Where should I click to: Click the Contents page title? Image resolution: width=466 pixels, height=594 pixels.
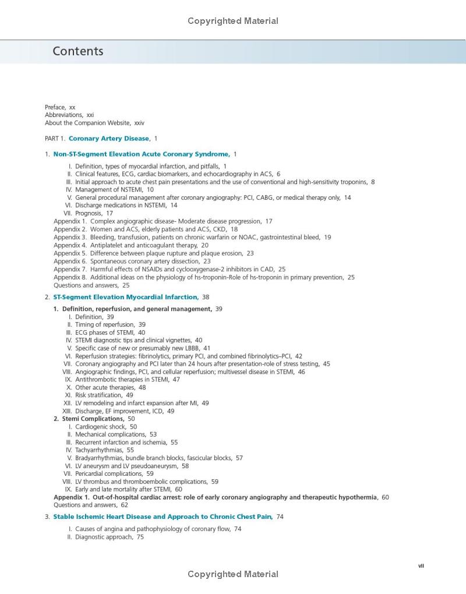(77, 51)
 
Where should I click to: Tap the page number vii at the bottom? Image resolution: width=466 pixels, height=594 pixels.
(421, 565)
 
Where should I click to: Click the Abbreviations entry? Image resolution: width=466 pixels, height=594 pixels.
(65, 115)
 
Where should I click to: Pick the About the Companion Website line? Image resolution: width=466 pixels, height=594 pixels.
(82, 123)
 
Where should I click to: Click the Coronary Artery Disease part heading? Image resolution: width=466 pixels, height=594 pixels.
(109, 139)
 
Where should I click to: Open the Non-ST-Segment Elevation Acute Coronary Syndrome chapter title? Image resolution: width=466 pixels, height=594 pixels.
(141, 154)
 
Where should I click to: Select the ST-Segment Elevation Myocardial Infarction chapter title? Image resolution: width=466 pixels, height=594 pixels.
(126, 297)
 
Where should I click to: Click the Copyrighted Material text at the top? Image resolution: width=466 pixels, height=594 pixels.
(233, 21)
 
